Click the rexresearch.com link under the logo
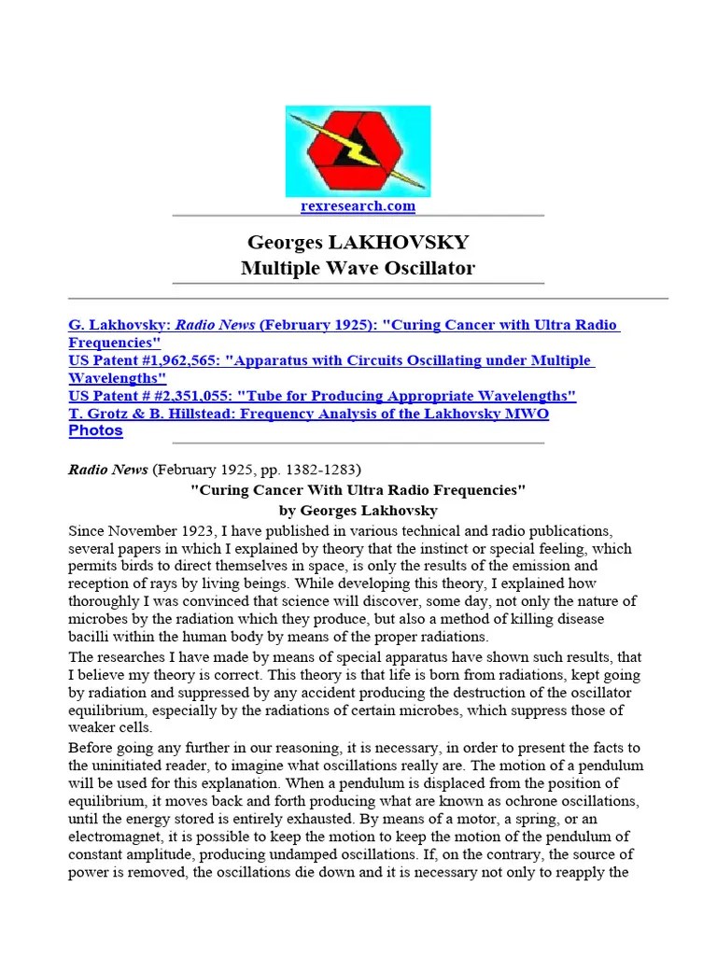(x=358, y=205)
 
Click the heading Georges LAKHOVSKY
(x=358, y=243)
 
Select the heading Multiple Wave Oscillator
(x=358, y=268)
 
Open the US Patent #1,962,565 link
(x=331, y=360)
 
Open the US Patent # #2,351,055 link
(x=322, y=396)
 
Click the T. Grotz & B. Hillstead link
(x=308, y=414)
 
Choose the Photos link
(x=95, y=431)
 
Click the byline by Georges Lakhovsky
(x=358, y=511)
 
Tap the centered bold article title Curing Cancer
(x=358, y=490)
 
